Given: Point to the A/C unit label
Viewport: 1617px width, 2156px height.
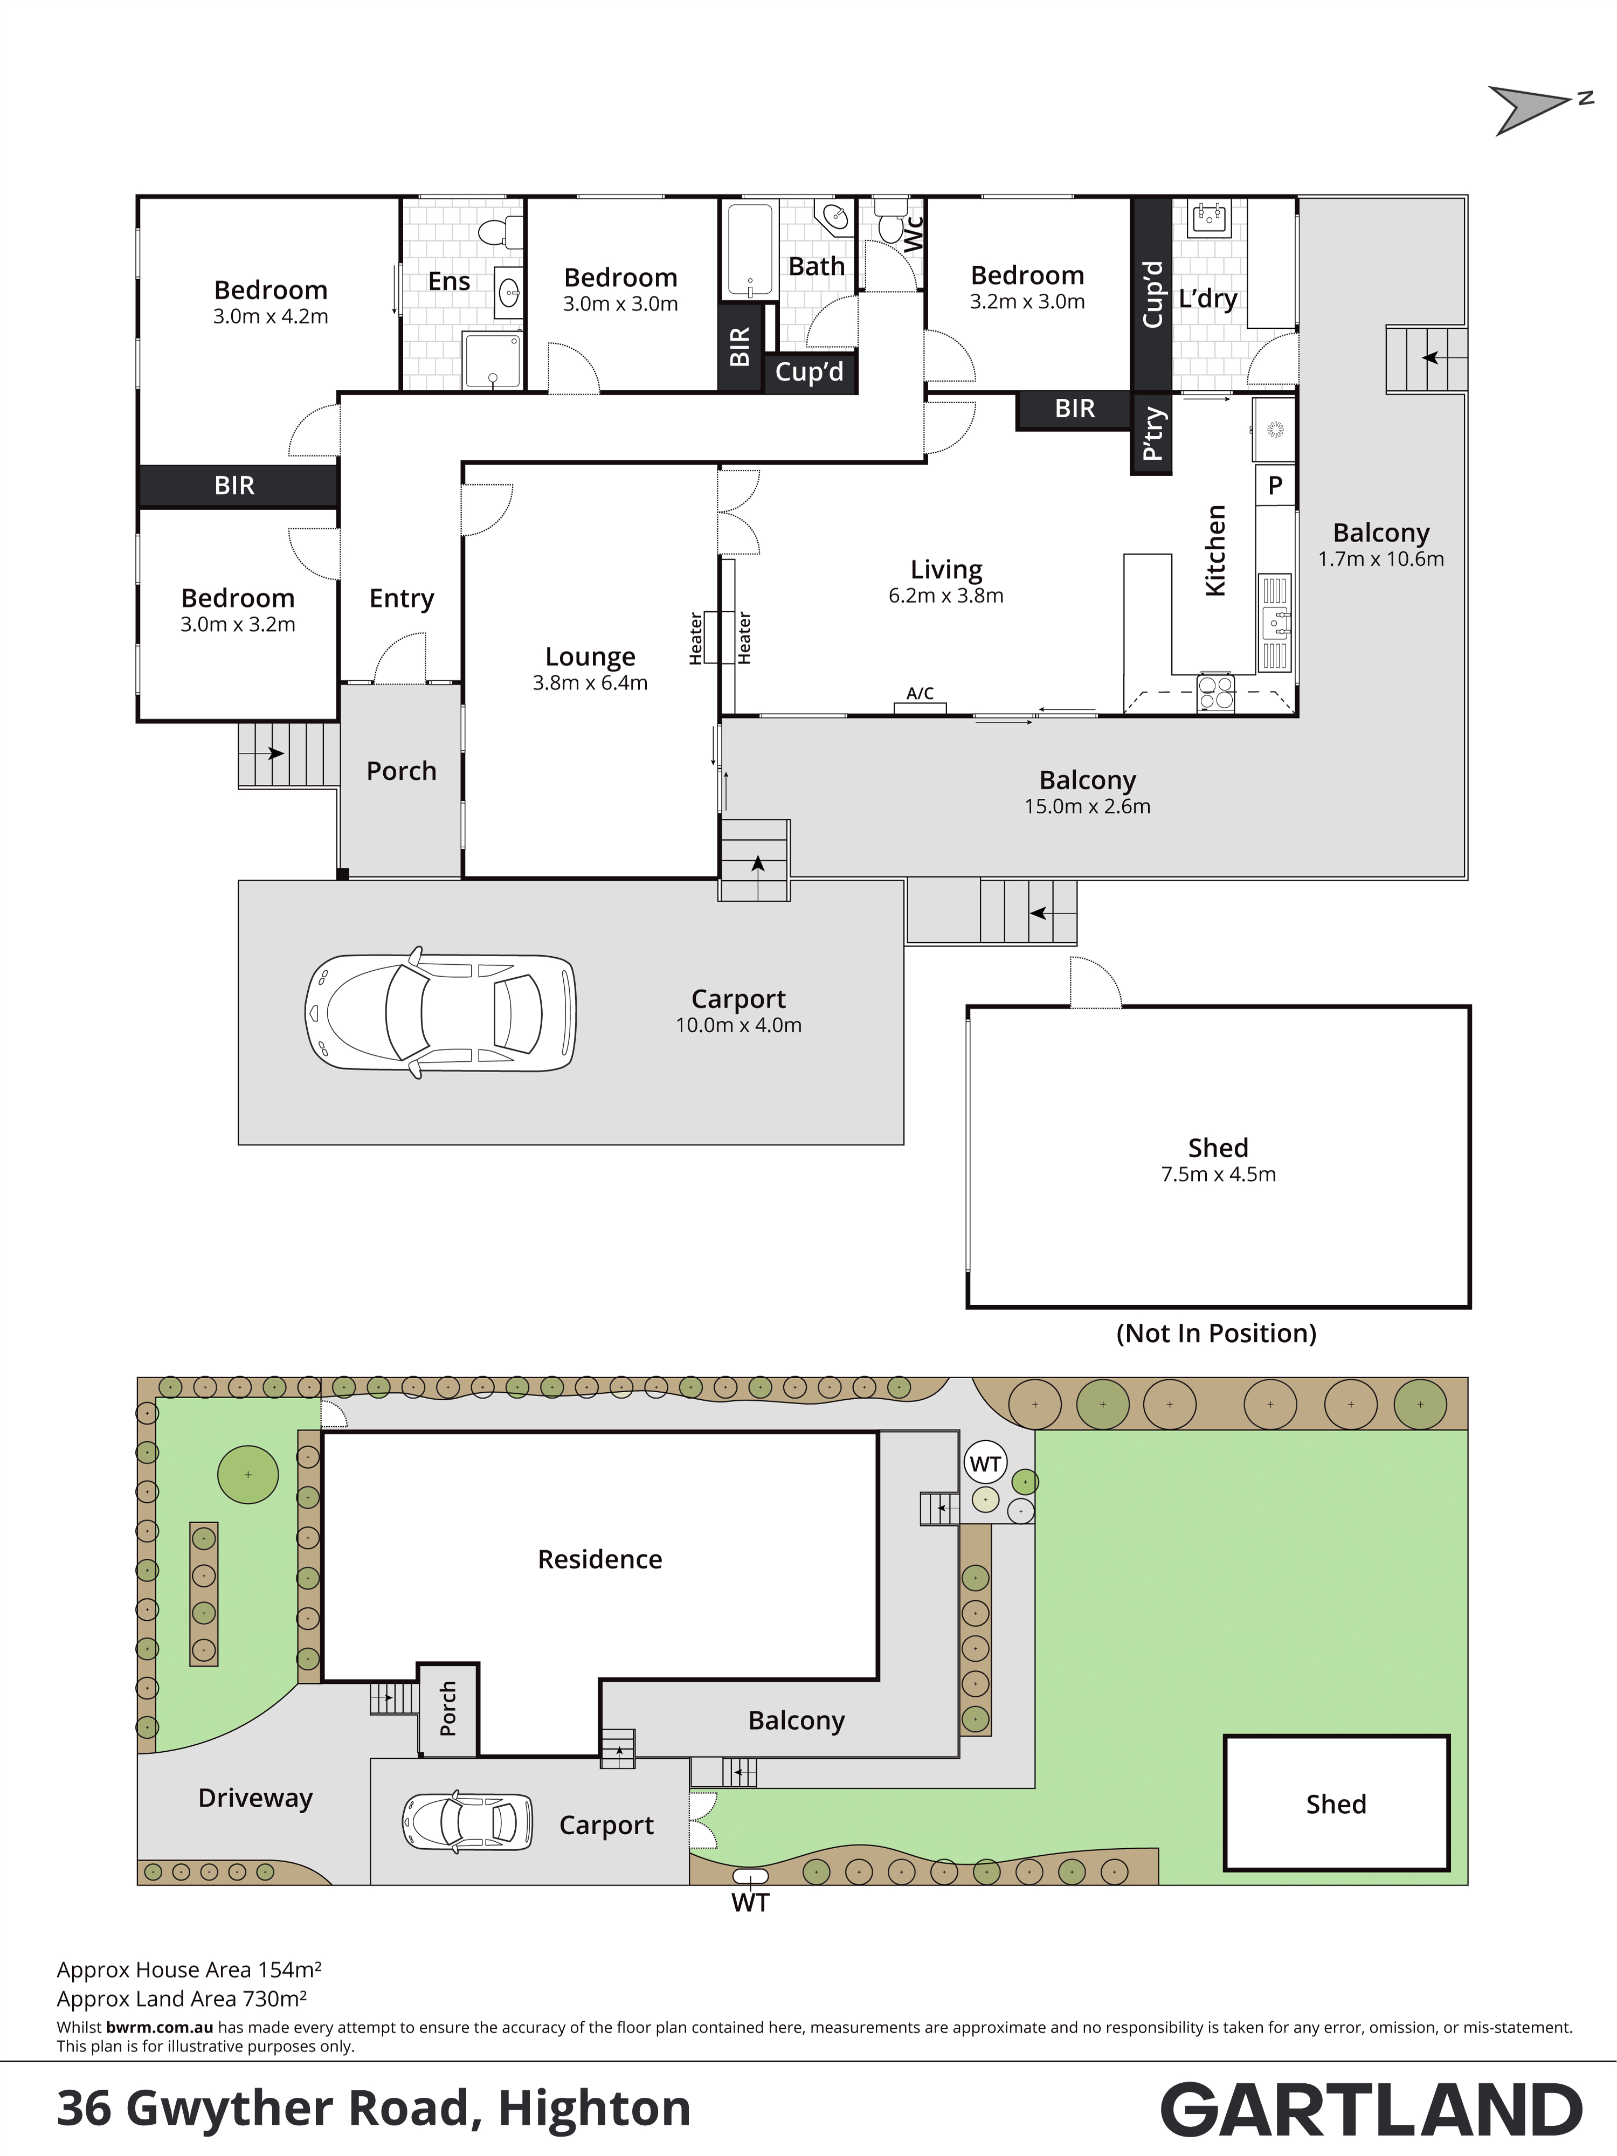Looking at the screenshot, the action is click(920, 693).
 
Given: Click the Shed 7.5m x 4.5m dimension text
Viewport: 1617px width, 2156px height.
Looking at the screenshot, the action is click(1218, 1174).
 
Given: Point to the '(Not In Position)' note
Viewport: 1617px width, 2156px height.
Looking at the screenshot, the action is click(1217, 1333).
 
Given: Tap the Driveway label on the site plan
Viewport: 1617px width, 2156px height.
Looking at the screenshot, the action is click(255, 1798).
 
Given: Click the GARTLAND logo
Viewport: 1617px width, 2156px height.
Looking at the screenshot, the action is click(1371, 2111).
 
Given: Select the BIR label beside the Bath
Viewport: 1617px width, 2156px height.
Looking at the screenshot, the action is click(740, 347).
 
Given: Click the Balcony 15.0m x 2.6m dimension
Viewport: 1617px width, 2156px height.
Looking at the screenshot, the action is click(1088, 807).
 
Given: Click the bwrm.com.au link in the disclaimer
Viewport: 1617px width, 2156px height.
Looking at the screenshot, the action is click(160, 2027).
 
